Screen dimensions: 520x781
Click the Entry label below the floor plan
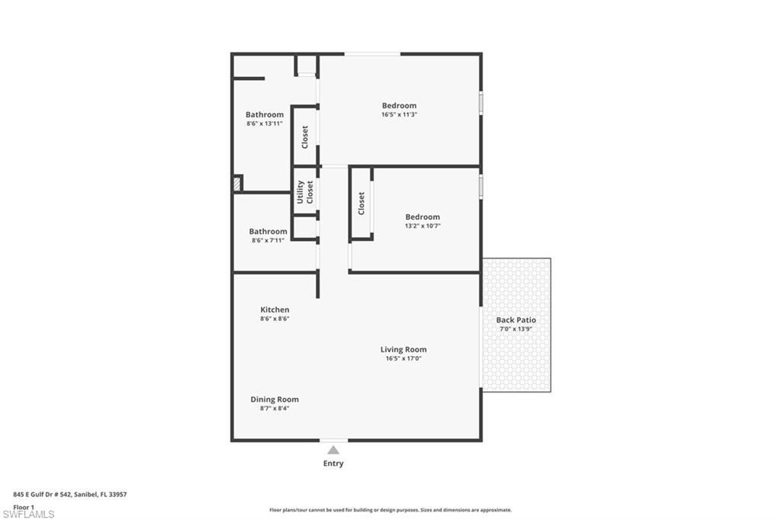point(333,464)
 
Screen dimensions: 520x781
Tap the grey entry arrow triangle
point(333,450)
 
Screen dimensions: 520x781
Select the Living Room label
point(403,350)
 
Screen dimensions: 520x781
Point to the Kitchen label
point(275,310)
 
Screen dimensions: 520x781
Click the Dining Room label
point(275,400)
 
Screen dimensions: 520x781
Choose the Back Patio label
point(516,320)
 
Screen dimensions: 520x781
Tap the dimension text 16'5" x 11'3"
point(399,114)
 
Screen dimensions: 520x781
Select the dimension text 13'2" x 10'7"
point(422,226)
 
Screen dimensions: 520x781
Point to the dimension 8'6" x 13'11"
point(265,124)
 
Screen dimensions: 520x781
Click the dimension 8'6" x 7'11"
point(268,240)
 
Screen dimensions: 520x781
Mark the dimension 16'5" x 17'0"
point(403,358)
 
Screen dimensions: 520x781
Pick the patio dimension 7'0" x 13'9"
point(516,329)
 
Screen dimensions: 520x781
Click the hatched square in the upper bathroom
point(238,183)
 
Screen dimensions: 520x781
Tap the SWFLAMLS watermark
point(28,514)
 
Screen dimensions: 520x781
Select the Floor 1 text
point(24,506)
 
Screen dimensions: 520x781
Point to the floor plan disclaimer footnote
point(390,510)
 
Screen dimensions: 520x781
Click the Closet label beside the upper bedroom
point(305,136)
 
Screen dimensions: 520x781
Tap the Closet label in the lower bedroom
point(362,203)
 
